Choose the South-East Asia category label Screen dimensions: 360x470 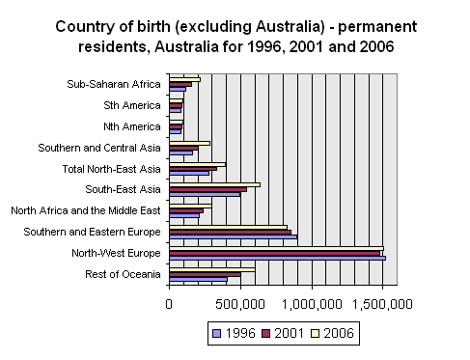pyautogui.click(x=123, y=189)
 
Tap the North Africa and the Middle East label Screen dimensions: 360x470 pyautogui.click(x=85, y=210)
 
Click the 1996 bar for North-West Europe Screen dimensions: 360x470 pyautogui.click(x=277, y=259)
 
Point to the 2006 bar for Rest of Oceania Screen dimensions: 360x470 pyautogui.click(x=212, y=269)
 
